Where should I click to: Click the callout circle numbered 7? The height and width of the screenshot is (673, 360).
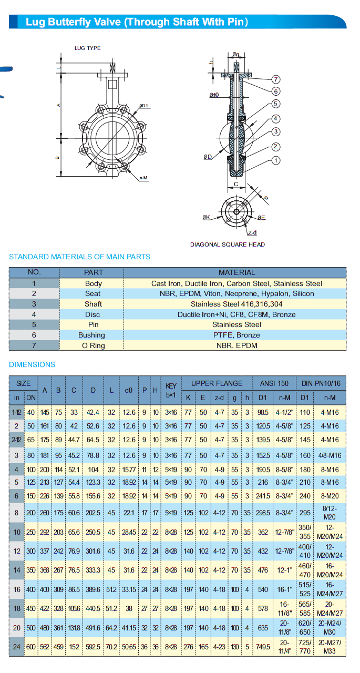pos(276,79)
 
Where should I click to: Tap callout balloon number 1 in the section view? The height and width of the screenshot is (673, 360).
pos(276,161)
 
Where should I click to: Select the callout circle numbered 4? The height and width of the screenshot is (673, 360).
pos(276,119)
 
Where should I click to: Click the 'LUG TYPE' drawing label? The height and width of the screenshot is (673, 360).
pos(87,48)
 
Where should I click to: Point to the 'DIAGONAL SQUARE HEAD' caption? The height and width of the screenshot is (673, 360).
pos(228,244)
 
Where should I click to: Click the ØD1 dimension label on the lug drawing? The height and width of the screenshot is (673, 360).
pos(144,106)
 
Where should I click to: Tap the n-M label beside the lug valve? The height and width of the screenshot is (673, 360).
pos(143,178)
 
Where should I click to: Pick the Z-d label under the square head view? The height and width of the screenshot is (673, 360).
pos(252,233)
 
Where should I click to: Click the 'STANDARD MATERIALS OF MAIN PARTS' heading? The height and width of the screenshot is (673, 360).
pos(79,257)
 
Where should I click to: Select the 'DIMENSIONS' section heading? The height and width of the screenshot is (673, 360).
pos(32,364)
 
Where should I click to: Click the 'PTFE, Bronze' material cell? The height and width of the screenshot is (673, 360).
pos(236,335)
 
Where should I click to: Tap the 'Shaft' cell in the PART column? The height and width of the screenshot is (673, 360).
pos(93,304)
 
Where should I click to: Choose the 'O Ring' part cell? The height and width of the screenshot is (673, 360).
pos(93,345)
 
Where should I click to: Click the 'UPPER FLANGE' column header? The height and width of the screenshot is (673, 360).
pos(217,383)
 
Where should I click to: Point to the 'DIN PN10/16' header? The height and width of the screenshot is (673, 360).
pos(321,383)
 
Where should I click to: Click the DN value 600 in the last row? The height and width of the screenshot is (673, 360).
pos(32,647)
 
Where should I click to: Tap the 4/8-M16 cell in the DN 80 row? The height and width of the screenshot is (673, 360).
pos(330,455)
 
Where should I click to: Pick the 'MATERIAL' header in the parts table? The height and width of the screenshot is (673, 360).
pos(236,272)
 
